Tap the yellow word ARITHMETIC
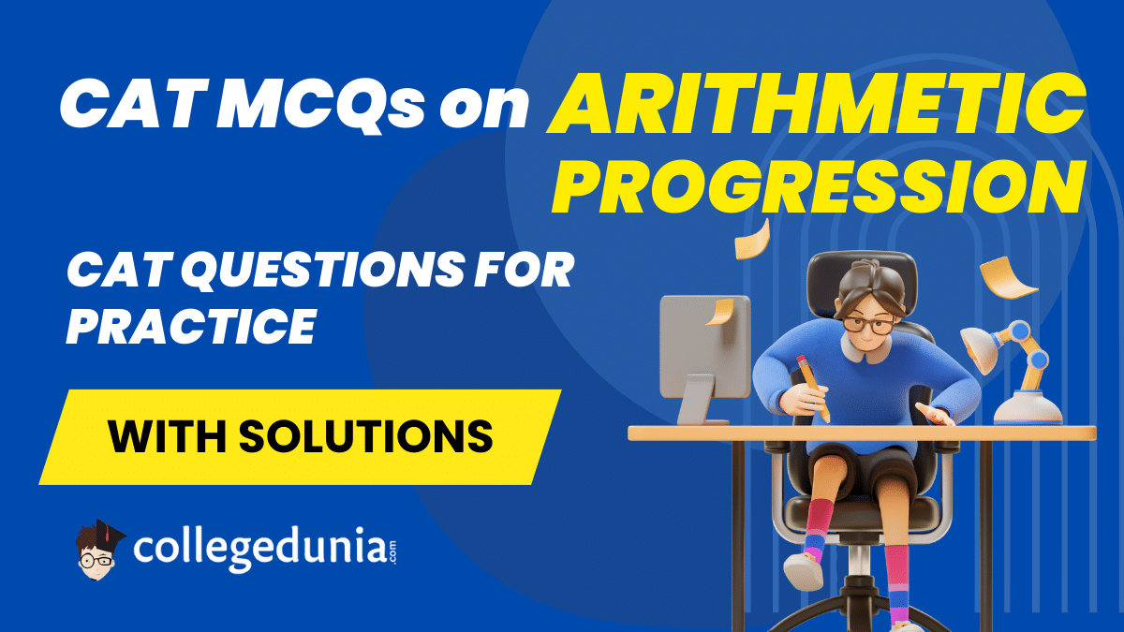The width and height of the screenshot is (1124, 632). [x=817, y=104]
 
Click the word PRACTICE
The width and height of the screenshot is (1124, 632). [x=191, y=326]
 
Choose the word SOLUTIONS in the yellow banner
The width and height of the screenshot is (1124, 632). [x=366, y=436]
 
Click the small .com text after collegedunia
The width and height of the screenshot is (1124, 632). [x=392, y=551]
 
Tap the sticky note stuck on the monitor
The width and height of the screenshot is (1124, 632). [x=720, y=312]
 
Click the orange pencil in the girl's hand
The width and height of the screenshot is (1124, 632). [x=813, y=388]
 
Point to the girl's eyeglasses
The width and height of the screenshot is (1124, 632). [x=868, y=325]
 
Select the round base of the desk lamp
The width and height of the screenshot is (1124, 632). [x=1028, y=409]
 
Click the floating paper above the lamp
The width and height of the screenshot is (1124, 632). [x=1007, y=277]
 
